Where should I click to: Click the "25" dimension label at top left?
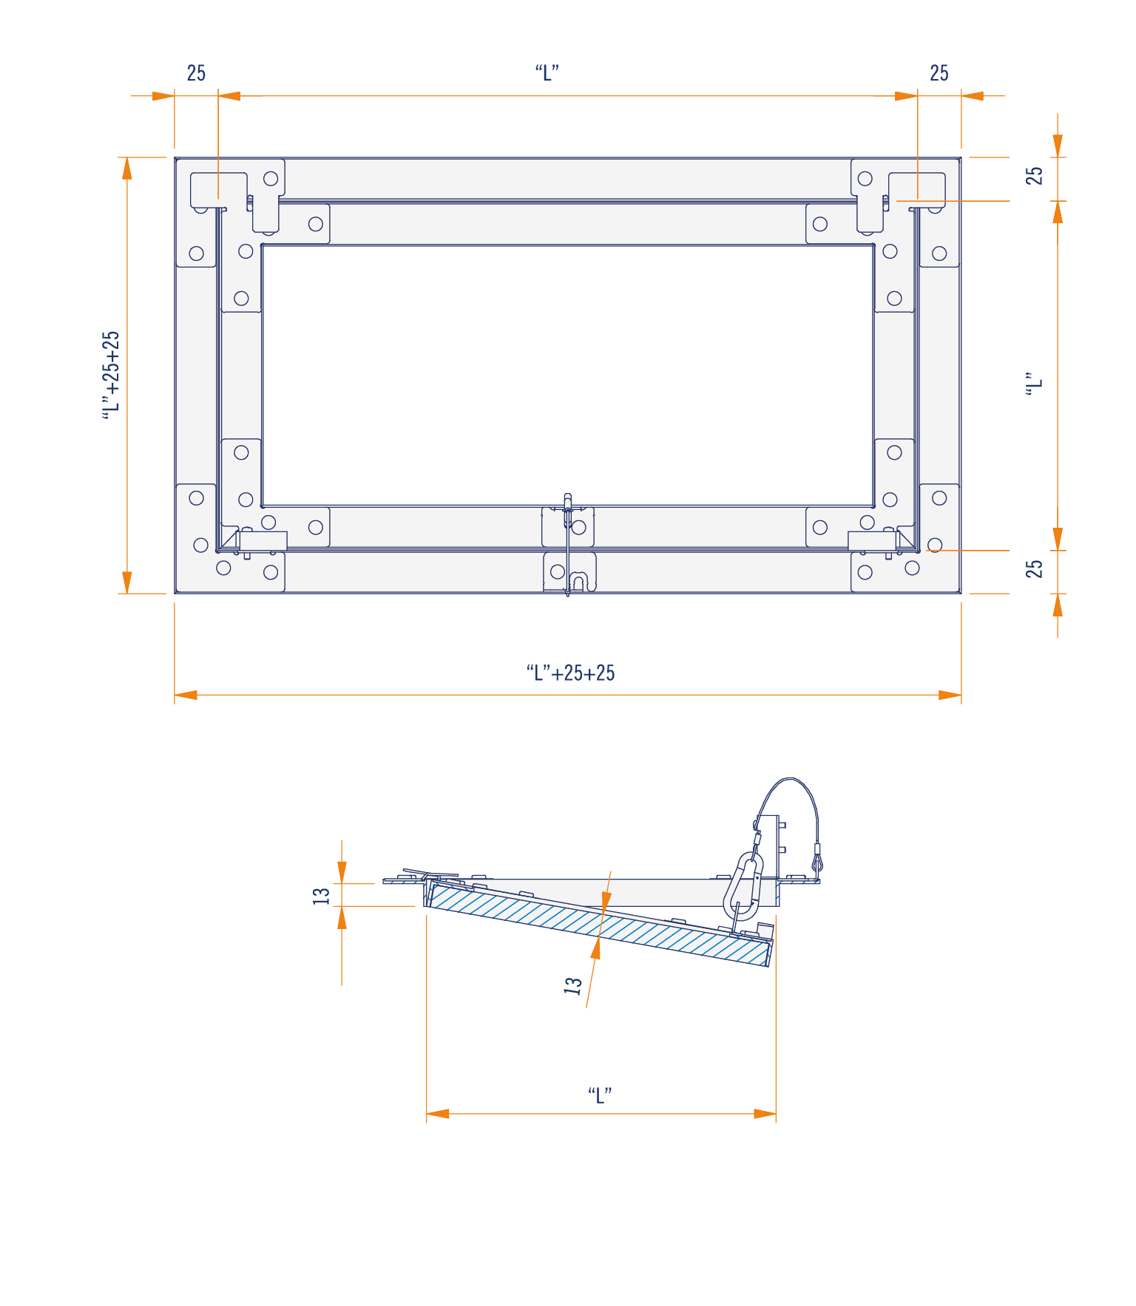(x=196, y=73)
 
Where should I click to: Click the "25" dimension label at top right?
(x=939, y=73)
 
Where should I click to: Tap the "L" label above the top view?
(x=547, y=73)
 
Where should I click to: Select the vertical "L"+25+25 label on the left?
(x=111, y=375)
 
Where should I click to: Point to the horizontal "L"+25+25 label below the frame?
(x=570, y=673)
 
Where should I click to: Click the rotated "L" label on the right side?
(x=1034, y=385)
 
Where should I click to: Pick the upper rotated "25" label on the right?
(x=1034, y=175)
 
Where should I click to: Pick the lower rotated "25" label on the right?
(x=1034, y=568)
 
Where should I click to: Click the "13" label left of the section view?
(x=322, y=895)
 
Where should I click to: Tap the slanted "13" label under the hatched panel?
(x=573, y=985)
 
